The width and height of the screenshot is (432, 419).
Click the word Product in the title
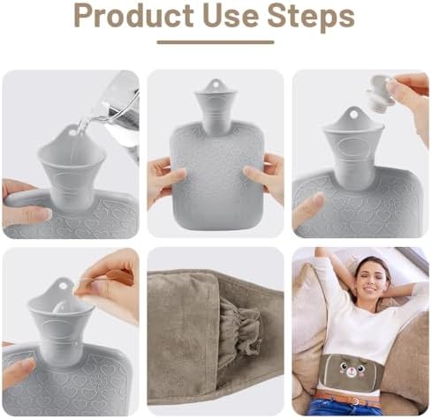pos(133,15)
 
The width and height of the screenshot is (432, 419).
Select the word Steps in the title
pos(311,16)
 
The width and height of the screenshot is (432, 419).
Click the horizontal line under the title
pos(216,42)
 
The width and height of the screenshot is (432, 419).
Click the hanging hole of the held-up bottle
pos(216,85)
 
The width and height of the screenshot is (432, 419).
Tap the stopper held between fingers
pos(380,94)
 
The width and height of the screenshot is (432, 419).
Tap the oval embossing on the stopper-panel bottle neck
pos(353,149)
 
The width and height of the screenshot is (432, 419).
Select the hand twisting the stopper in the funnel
pos(109,284)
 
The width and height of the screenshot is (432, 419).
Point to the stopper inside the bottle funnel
pos(60,309)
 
